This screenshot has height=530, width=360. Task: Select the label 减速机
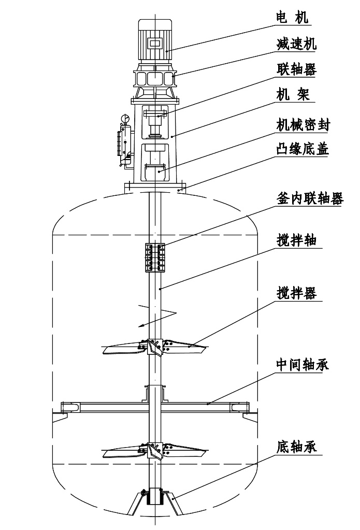tap(296, 44)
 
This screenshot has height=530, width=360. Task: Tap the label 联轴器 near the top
tap(296, 70)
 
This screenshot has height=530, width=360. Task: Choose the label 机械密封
tap(303, 124)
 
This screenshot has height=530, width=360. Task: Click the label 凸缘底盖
tap(303, 150)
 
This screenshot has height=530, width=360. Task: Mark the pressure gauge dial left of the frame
tap(124, 120)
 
